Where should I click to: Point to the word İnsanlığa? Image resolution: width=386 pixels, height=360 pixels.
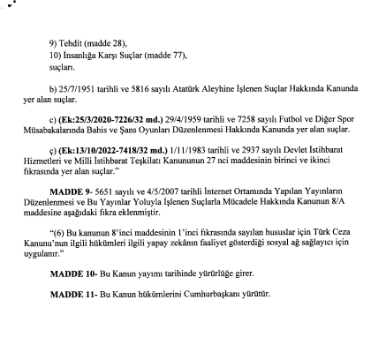pyautogui.click(x=81, y=54)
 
